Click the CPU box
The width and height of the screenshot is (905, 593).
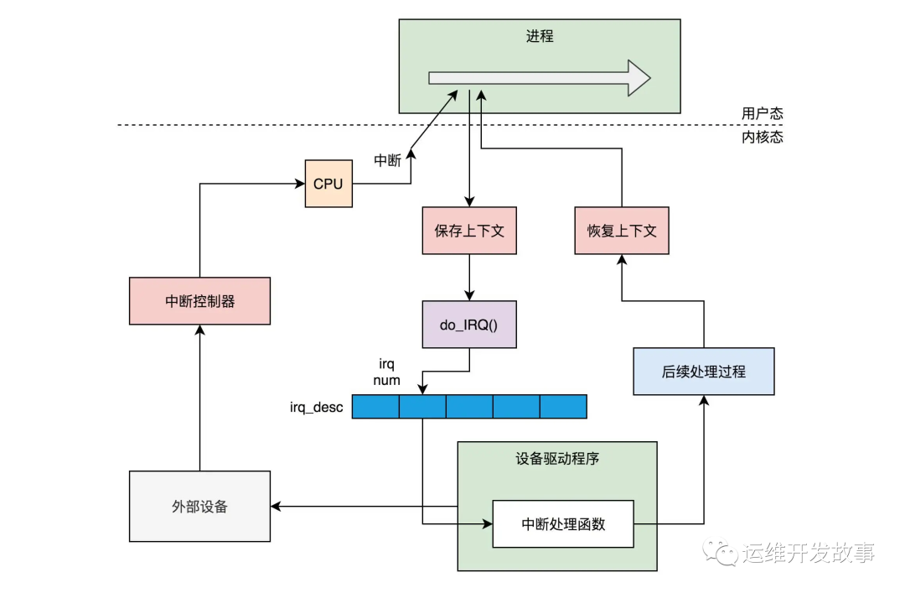point(328,183)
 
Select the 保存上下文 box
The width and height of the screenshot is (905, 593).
point(468,231)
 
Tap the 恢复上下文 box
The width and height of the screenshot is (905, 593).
point(622,231)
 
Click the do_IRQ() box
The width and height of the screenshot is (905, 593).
point(468,324)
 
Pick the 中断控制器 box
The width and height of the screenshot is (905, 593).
point(199,300)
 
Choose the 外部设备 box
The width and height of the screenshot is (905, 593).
point(199,506)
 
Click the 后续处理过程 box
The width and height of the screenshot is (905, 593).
point(703,371)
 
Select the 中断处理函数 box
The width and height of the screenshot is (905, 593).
point(562,524)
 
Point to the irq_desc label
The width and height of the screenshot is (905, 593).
point(315,408)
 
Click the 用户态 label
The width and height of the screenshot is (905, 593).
point(762,114)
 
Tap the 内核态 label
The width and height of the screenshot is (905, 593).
point(762,137)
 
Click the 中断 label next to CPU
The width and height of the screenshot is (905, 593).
point(387,160)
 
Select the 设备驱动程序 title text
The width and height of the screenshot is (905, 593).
point(557,459)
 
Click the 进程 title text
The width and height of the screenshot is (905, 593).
point(540,37)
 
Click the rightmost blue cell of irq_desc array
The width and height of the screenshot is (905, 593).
point(563,407)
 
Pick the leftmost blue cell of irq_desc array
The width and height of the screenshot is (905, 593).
point(375,407)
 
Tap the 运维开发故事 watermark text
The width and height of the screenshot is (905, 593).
point(808,552)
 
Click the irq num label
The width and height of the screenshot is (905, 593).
point(388,372)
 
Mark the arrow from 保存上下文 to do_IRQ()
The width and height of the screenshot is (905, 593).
point(468,277)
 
